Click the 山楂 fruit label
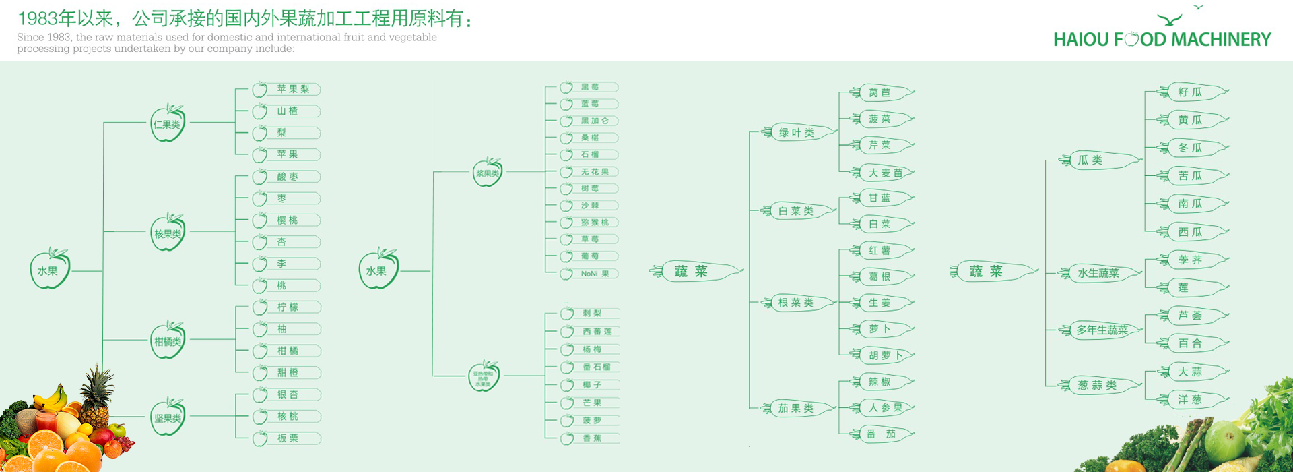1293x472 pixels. (288, 111)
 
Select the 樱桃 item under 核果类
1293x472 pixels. (288, 220)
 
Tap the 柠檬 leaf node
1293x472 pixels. (288, 307)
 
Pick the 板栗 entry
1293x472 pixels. (288, 438)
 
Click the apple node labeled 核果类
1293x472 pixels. (168, 233)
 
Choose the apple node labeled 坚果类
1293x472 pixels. (168, 417)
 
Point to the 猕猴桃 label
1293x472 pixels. (595, 223)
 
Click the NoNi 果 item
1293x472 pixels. (595, 274)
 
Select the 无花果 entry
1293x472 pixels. (595, 172)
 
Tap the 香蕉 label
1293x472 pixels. (592, 438)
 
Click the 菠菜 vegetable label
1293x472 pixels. (880, 119)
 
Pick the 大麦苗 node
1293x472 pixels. (885, 173)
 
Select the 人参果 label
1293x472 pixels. (885, 408)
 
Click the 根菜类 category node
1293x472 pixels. (796, 303)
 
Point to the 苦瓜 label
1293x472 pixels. (1190, 176)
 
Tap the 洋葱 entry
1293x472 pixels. (1190, 400)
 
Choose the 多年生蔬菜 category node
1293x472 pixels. (1102, 330)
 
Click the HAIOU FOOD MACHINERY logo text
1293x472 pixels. (1162, 40)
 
